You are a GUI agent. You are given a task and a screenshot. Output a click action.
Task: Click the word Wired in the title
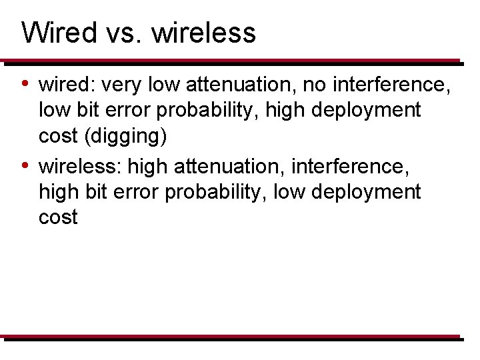pyautogui.click(x=59, y=32)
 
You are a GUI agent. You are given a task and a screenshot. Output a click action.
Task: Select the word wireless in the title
pyautogui.click(x=203, y=32)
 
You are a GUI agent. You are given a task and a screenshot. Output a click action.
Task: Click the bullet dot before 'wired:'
pyautogui.click(x=25, y=84)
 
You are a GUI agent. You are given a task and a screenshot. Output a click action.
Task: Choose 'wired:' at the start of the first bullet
pyautogui.click(x=67, y=85)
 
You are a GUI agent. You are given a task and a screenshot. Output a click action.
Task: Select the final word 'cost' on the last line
pyautogui.click(x=58, y=217)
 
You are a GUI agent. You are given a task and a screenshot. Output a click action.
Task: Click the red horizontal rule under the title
pyautogui.click(x=230, y=61)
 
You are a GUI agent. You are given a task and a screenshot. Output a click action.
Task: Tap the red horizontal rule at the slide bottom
pyautogui.click(x=230, y=337)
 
